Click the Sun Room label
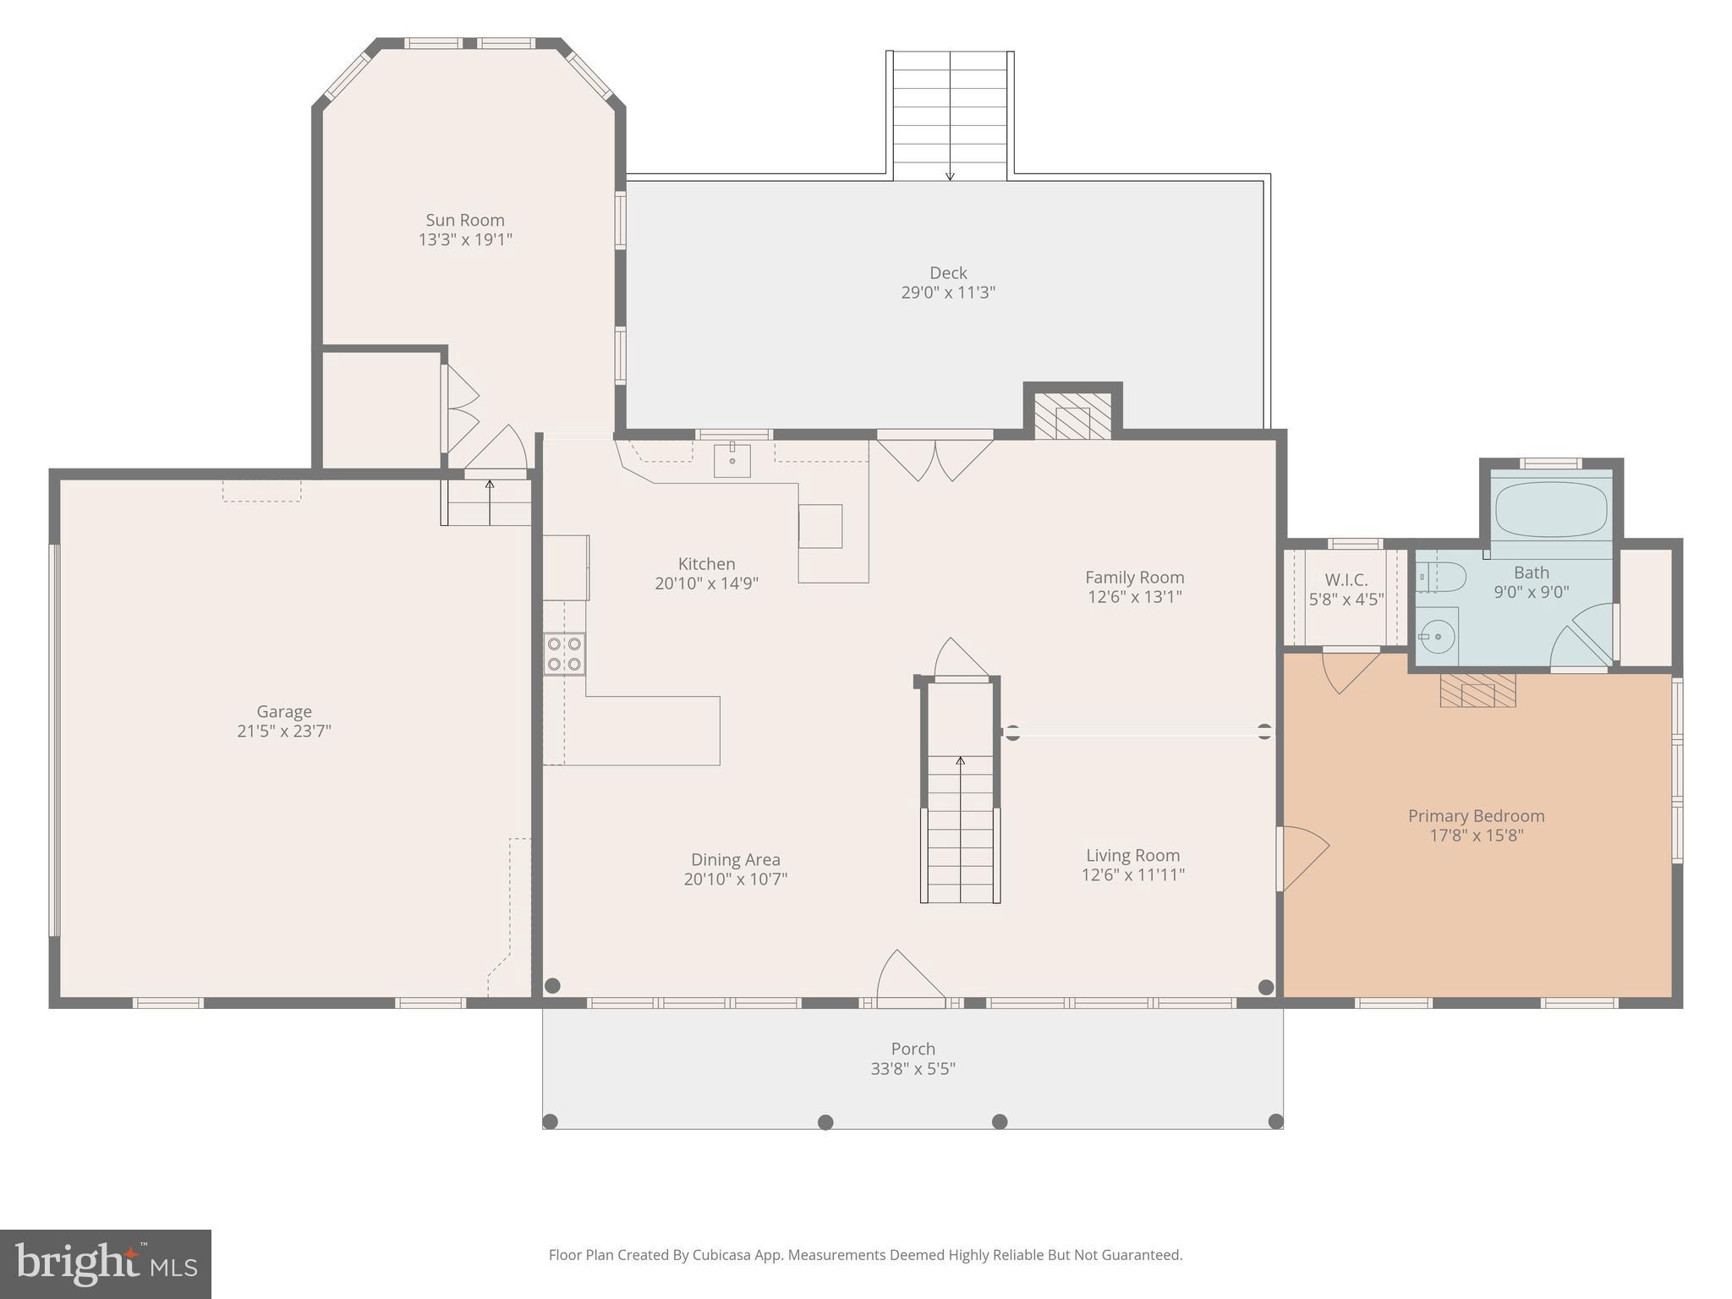(464, 220)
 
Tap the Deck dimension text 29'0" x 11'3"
(948, 293)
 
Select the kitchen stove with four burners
(564, 654)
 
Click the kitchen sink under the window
(732, 460)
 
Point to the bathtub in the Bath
(1551, 509)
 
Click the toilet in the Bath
(1445, 578)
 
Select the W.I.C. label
(1346, 580)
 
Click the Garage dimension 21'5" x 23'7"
(284, 731)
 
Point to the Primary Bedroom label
(1476, 816)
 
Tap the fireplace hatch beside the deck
(1072, 415)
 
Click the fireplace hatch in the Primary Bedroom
(1477, 690)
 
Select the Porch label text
(913, 1049)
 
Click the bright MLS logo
(105, 1263)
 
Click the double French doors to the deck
(935, 458)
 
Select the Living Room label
(1132, 855)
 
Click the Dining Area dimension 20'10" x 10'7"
(735, 879)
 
